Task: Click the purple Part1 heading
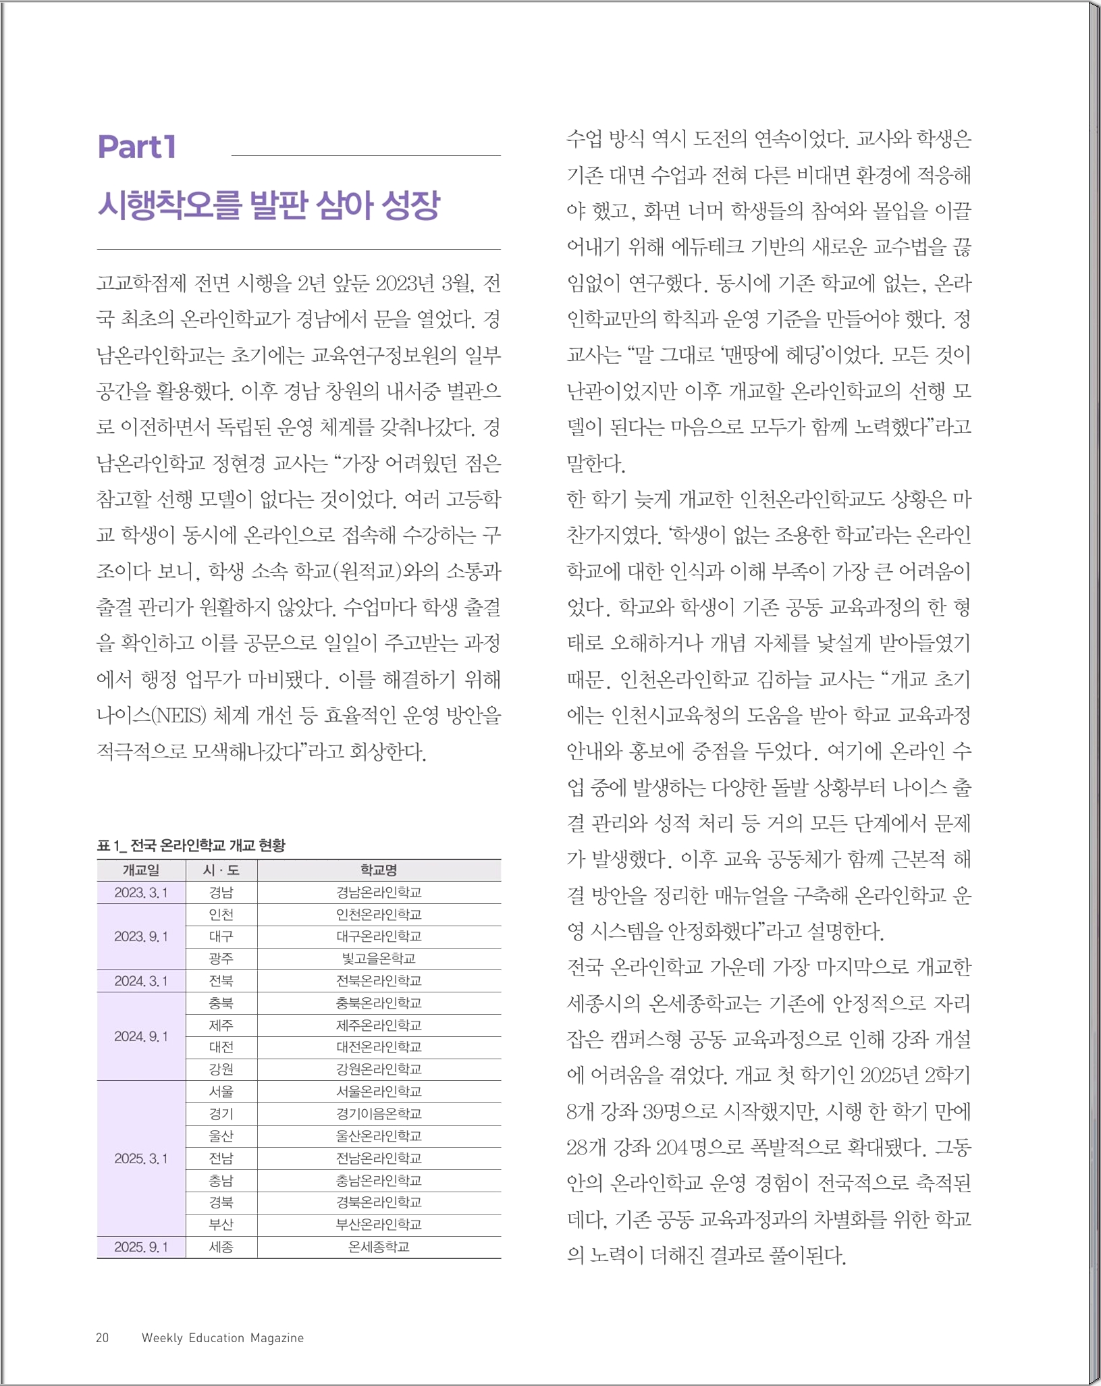[137, 147]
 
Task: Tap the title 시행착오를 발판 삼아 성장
[269, 205]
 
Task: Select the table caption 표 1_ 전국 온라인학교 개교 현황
[191, 845]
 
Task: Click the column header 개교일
[141, 870]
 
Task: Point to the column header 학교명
[379, 870]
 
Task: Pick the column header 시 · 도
[221, 870]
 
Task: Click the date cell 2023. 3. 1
[141, 892]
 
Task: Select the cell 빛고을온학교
[379, 959]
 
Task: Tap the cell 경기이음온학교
[379, 1114]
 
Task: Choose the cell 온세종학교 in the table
[379, 1247]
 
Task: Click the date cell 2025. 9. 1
[141, 1247]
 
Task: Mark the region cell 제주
[221, 1025]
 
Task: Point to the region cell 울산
[221, 1136]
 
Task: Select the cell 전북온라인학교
[379, 981]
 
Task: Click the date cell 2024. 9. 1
[141, 1036]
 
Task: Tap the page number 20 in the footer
[103, 1338]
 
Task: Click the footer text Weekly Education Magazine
[223, 1338]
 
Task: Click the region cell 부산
[221, 1225]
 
